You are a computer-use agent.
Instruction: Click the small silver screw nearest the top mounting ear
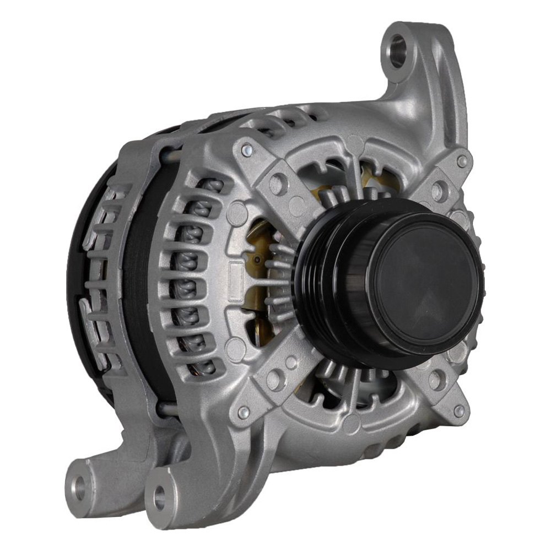click(x=461, y=161)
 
